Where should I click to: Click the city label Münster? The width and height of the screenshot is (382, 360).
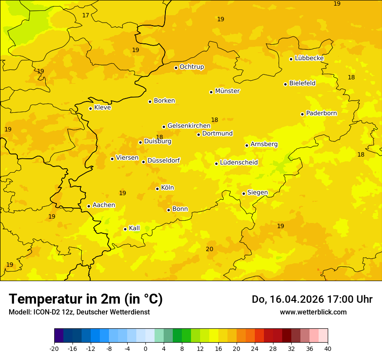pos(227,91)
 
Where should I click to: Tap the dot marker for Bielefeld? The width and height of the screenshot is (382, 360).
pos(286,84)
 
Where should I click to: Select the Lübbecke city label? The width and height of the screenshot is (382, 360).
pos(309,58)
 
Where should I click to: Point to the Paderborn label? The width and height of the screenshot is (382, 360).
pos(321,113)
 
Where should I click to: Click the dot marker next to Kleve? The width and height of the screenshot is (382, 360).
pos(90,108)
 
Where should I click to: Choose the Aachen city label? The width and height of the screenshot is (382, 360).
pos(104,205)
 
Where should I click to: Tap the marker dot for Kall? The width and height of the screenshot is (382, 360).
pos(125,229)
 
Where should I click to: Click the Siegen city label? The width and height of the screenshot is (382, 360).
pos(257,193)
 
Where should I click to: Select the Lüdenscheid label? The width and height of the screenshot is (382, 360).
pos(239,163)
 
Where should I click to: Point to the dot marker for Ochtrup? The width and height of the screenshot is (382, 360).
pos(176,68)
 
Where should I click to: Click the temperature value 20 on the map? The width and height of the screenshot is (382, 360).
pos(209,249)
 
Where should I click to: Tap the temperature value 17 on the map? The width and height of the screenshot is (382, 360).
pos(86,16)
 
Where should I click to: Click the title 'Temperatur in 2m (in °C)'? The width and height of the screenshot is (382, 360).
pos(86,299)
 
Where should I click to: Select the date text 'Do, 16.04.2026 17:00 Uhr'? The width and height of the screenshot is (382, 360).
pos(312,299)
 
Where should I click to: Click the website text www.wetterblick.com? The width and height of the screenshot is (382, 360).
pos(313,312)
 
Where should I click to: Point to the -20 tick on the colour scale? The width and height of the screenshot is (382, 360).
pos(54,348)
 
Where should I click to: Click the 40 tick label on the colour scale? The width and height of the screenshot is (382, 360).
pos(328,348)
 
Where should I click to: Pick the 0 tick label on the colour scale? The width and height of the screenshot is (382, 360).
pos(145,348)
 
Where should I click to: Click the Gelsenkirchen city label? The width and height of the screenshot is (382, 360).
pos(189,126)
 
